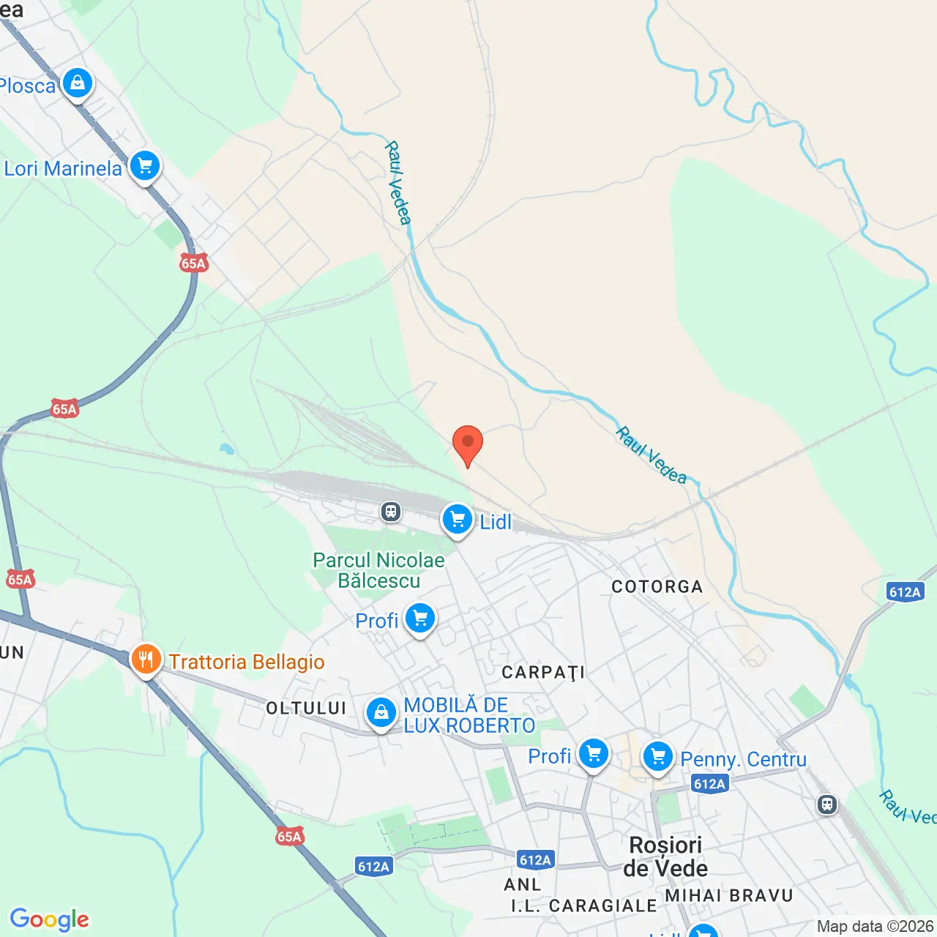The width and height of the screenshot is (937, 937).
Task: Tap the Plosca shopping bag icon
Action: click(x=78, y=83)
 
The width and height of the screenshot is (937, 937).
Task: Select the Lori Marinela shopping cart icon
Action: click(x=145, y=166)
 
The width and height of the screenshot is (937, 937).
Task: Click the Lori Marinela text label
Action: click(x=63, y=169)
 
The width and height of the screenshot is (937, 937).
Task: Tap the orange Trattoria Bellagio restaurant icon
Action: click(x=146, y=660)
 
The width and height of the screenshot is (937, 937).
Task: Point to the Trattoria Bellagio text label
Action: click(x=247, y=662)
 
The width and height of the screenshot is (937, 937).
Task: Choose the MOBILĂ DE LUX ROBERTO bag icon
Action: click(x=381, y=712)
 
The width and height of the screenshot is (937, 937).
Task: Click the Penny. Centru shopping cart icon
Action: click(x=657, y=757)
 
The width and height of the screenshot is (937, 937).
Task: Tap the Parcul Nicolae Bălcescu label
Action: click(x=378, y=570)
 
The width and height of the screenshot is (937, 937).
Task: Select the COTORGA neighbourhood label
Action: click(x=657, y=586)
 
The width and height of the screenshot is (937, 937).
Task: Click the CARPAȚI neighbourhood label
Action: click(x=543, y=673)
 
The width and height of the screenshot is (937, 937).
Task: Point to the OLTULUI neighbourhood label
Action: click(x=306, y=708)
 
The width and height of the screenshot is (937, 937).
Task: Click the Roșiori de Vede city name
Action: click(x=665, y=856)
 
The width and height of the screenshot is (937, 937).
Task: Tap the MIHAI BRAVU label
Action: click(x=728, y=896)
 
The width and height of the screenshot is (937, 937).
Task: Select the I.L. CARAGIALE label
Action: click(x=583, y=906)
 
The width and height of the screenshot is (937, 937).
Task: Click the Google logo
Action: click(x=50, y=919)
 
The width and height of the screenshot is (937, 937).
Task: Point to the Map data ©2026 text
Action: click(x=875, y=927)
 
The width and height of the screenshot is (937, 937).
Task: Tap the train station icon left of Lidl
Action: click(x=392, y=511)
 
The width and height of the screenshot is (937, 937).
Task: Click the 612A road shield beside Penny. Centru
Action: click(x=709, y=784)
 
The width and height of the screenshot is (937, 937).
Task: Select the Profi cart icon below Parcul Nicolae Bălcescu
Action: click(x=419, y=619)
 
